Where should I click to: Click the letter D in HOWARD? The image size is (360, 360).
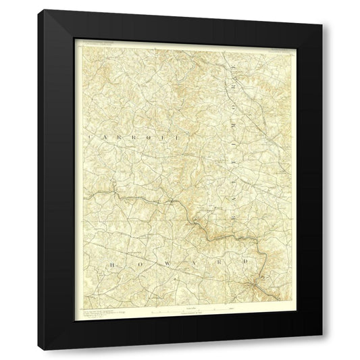[245, 262]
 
